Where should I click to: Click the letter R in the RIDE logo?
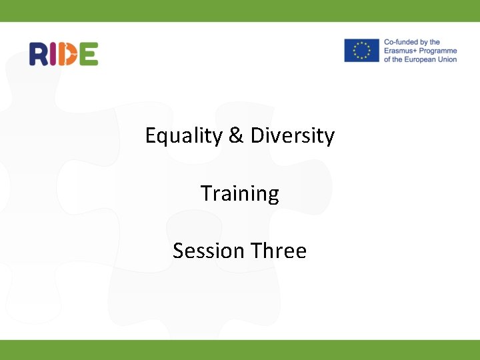point(39,54)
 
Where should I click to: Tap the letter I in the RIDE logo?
point(54,54)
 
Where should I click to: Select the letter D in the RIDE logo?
point(68,54)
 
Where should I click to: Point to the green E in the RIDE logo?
point(88,54)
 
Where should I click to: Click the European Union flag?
point(361,51)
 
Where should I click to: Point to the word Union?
point(446,59)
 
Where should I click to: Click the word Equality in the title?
point(184,136)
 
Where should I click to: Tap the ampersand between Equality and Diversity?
point(236,136)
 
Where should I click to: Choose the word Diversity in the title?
point(293,136)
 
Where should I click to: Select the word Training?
point(240,194)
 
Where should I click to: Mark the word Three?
point(279,251)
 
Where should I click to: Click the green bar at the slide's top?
point(240,11)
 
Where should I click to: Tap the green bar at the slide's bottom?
point(240,349)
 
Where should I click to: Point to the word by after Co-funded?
point(435,43)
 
